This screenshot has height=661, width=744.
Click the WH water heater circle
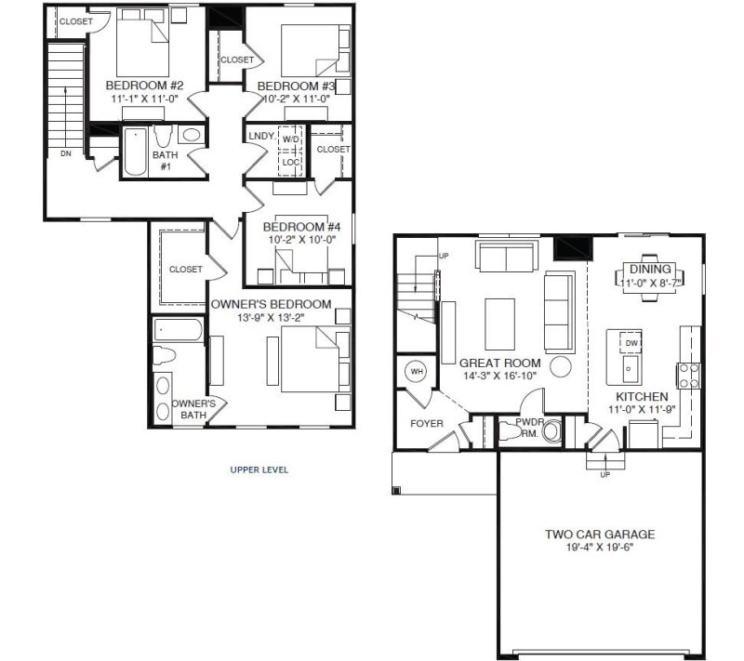point(417,372)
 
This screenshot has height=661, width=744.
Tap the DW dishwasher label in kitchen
point(631,343)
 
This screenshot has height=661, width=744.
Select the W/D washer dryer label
point(291,139)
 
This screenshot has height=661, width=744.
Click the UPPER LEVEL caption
point(259,470)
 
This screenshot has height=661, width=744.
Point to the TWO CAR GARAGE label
point(600,535)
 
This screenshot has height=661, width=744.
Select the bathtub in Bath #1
point(135,152)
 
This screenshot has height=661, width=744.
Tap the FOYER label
point(427,424)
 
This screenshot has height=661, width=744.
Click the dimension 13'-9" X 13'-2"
point(270,318)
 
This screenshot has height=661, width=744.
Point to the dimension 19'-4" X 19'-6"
point(600,548)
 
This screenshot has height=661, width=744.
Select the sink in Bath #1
point(192,136)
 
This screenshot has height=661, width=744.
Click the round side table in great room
point(561,365)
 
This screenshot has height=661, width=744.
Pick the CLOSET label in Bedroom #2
point(76,21)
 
